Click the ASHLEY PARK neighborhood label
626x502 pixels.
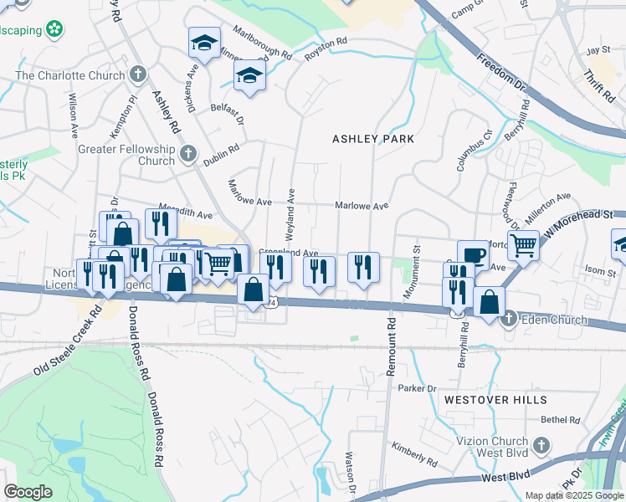tap(373, 138)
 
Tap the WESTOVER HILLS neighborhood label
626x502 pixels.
tap(495, 400)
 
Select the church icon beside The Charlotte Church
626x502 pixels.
tap(138, 75)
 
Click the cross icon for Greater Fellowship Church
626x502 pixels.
tap(188, 154)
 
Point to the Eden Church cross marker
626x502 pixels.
tap(508, 318)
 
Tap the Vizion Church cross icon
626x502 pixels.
tap(541, 443)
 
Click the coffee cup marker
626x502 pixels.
tap(474, 254)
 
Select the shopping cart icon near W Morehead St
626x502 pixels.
tap(523, 245)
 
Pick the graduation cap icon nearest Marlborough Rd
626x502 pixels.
tap(203, 43)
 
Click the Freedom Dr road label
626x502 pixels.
tap(499, 73)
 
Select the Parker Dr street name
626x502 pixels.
tap(418, 388)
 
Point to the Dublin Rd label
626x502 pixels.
tap(222, 153)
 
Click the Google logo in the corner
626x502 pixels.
tap(28, 491)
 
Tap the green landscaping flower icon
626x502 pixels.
tap(55, 29)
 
